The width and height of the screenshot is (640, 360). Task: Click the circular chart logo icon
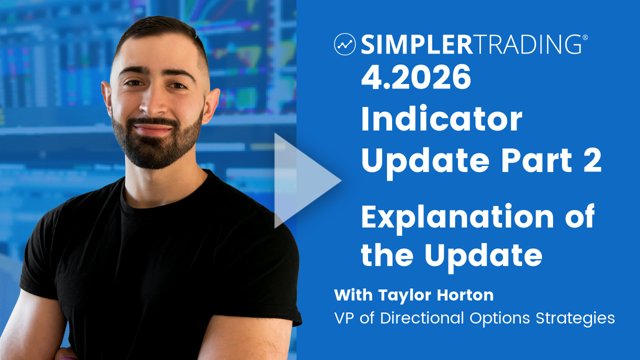(x=344, y=44)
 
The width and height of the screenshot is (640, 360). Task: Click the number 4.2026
(x=416, y=76)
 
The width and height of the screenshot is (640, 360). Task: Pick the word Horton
(x=465, y=295)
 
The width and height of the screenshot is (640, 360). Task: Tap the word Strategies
(x=575, y=318)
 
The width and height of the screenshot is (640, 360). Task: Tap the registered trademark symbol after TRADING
(x=585, y=37)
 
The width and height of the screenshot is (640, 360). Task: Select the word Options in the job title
(x=499, y=318)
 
